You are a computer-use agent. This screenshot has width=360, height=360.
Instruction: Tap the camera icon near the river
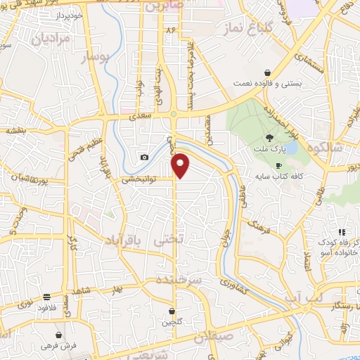(144, 157)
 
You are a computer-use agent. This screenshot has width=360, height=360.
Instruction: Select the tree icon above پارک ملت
(270, 138)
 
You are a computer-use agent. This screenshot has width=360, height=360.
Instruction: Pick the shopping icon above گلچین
(172, 310)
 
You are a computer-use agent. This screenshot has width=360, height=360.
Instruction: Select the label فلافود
(46, 307)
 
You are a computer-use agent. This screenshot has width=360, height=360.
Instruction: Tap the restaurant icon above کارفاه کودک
(341, 232)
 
